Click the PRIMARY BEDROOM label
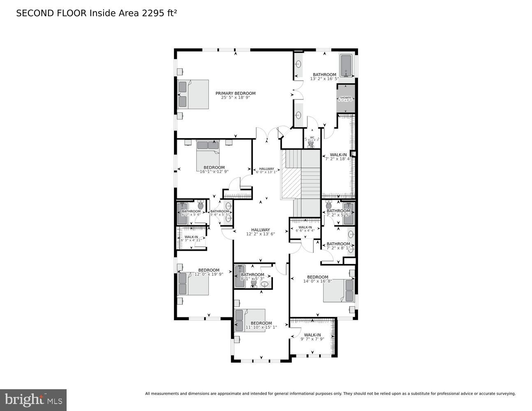coord(236,93)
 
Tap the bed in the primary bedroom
coord(193,95)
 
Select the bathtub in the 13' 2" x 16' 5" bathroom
coord(347,66)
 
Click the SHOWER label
coord(345,98)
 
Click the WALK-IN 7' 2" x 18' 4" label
coord(338,155)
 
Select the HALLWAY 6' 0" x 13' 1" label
coord(266,169)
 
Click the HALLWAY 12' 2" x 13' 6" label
coord(260,230)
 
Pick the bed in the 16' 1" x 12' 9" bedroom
coord(208,152)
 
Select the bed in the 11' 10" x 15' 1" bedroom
coord(250,320)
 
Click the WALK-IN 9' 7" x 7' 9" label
coord(312,335)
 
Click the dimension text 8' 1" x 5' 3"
coord(252,279)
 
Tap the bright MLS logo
coord(33,399)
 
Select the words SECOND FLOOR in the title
coord(51,13)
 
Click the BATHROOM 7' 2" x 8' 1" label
coord(338,244)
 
